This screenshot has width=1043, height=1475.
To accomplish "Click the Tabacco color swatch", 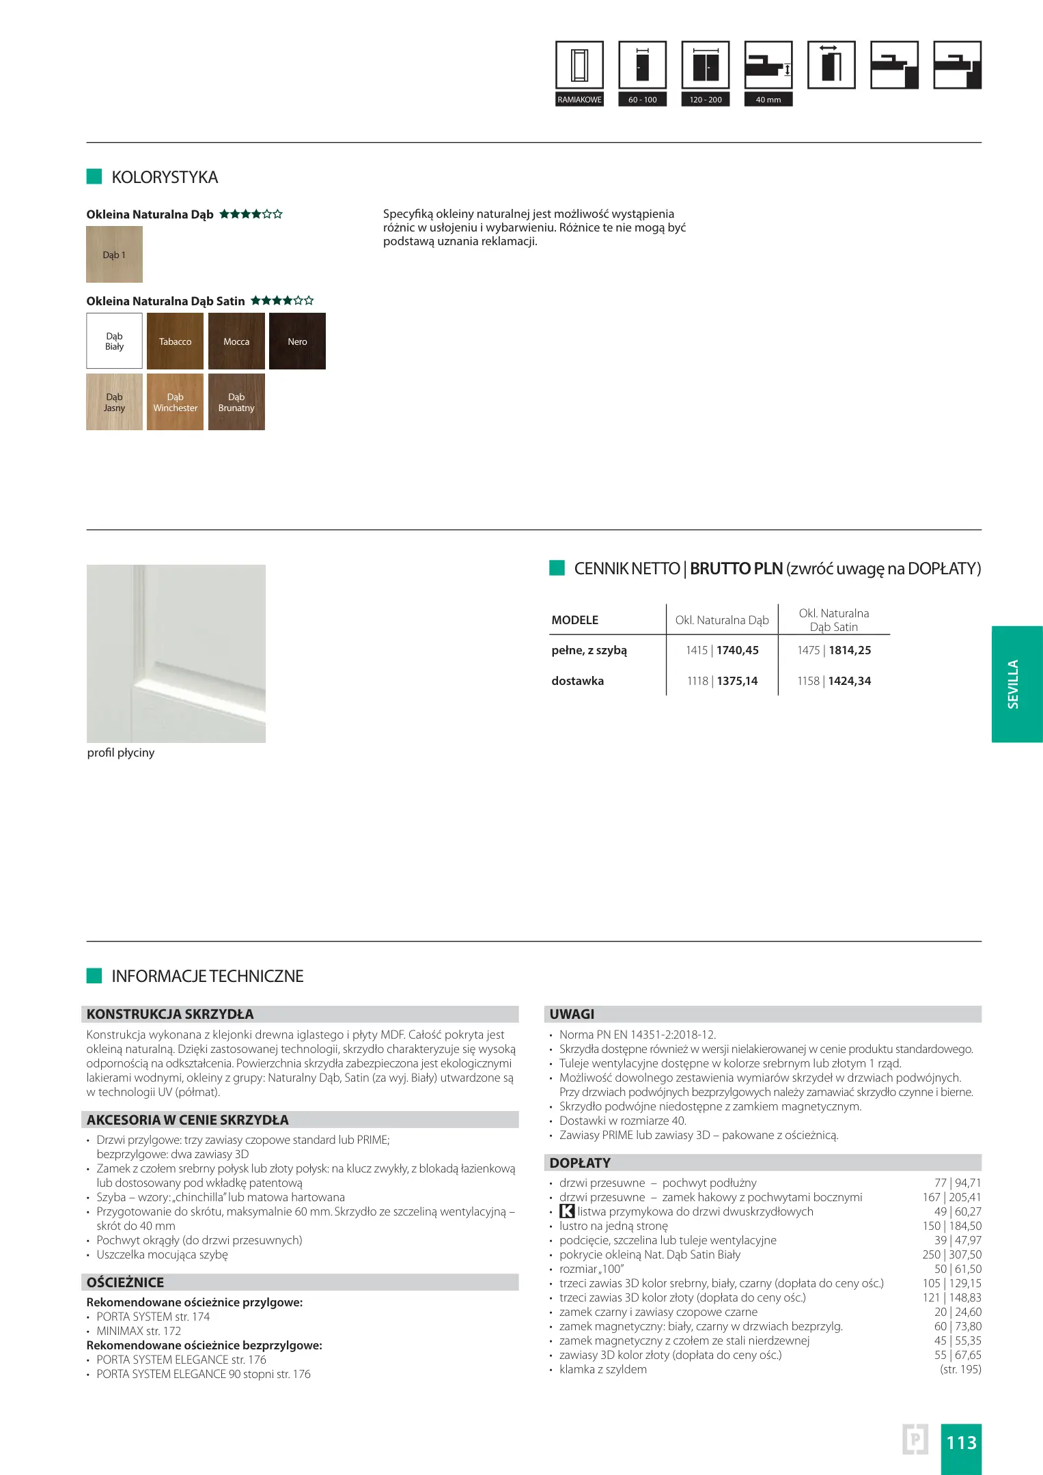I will click(x=175, y=341).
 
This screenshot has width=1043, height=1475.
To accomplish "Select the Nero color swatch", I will click(x=297, y=341).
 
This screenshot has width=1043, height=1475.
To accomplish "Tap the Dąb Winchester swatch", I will click(x=175, y=402).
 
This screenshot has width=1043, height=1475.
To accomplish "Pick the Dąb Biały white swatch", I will click(x=114, y=341).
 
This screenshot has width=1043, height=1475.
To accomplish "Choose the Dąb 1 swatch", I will click(x=114, y=254).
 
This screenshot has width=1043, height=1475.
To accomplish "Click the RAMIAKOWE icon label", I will click(x=579, y=100).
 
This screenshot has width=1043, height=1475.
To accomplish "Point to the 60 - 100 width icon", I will click(x=642, y=65).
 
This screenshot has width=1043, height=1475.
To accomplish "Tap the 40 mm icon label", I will click(x=768, y=100).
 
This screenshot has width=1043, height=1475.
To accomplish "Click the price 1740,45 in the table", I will click(x=738, y=650).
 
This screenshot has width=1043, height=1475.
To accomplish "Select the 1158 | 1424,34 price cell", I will click(x=834, y=681).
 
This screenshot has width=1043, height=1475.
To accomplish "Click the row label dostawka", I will click(x=578, y=681).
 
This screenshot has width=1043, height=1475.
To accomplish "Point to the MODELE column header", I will click(x=575, y=620).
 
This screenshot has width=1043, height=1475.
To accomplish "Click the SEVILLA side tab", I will click(x=1016, y=684).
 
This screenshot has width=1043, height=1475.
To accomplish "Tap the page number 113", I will click(x=961, y=1443).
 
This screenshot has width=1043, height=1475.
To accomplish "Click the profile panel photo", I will click(x=176, y=654).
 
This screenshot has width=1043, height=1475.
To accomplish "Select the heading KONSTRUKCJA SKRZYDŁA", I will click(x=170, y=1014).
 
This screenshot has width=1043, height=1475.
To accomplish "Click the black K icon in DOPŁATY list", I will click(x=567, y=1211).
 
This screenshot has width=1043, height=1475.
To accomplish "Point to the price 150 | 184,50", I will click(x=951, y=1226).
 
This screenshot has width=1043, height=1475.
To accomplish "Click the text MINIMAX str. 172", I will click(x=139, y=1331).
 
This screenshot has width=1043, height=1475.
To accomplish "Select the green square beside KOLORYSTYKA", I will click(x=94, y=177).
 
